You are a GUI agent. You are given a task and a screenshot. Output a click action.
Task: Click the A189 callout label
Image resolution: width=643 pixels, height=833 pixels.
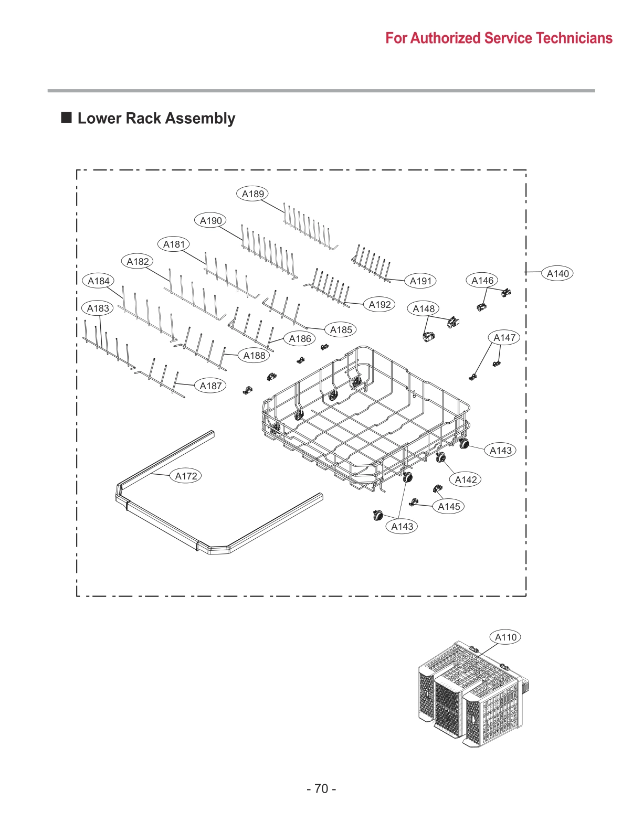(x=252, y=194)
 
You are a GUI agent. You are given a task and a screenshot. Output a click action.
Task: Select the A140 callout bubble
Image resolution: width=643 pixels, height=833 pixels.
(x=557, y=273)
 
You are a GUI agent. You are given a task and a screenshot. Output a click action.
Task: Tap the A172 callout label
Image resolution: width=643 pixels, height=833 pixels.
(x=186, y=476)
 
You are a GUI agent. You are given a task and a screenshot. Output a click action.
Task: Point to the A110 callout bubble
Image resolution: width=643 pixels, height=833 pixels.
(x=506, y=637)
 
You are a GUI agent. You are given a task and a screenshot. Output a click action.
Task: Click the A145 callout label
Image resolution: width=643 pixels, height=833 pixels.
(x=449, y=506)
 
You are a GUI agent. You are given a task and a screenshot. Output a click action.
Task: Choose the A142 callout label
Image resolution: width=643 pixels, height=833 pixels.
(x=466, y=479)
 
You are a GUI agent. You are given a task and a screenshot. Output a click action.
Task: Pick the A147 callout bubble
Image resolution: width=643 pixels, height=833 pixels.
(x=504, y=337)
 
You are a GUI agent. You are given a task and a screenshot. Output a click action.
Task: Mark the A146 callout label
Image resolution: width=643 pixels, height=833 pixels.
(x=482, y=280)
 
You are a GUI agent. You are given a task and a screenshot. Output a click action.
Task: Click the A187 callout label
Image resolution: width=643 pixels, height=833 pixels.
(x=210, y=386)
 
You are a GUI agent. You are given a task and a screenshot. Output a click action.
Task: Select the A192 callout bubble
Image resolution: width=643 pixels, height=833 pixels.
(x=380, y=304)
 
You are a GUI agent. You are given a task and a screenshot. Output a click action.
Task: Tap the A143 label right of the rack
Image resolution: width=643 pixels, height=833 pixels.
(x=500, y=450)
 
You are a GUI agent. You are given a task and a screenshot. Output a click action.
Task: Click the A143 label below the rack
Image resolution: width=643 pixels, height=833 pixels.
(x=402, y=526)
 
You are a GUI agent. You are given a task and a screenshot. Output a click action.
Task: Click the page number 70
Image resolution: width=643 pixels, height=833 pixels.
(x=321, y=788)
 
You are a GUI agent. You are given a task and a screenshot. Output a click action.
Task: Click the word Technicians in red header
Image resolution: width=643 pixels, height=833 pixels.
(x=575, y=38)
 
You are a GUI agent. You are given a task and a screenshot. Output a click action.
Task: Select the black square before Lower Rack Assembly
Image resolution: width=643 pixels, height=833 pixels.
(x=67, y=118)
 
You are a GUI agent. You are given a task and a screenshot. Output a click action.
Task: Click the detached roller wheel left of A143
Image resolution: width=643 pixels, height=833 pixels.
(x=376, y=516)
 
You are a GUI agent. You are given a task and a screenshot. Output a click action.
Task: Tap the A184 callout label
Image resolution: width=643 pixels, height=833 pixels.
(x=98, y=281)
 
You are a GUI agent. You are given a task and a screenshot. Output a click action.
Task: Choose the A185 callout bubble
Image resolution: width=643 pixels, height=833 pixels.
(x=341, y=329)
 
